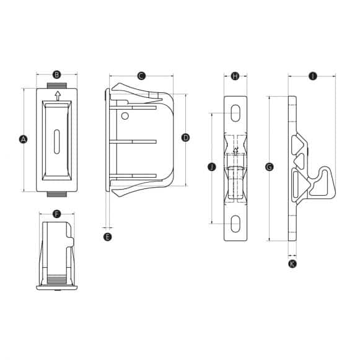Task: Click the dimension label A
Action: coord(24,139)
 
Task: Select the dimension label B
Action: coord(57,75)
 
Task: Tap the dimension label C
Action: coord(141,76)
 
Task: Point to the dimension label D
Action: coord(185,138)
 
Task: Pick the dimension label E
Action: coord(108,237)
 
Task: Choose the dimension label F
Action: coord(56,214)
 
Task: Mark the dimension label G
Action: coord(268,167)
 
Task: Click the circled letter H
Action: coord(235,76)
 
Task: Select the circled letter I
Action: coord(312,76)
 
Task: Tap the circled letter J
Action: coord(211,167)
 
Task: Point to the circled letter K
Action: coord(292,264)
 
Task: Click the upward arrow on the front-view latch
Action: coord(57,95)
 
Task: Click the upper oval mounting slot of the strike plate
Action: coord(235,113)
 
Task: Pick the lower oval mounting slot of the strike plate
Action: coord(235,223)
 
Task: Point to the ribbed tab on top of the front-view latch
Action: coord(57,83)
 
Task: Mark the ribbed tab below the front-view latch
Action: coord(57,195)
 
